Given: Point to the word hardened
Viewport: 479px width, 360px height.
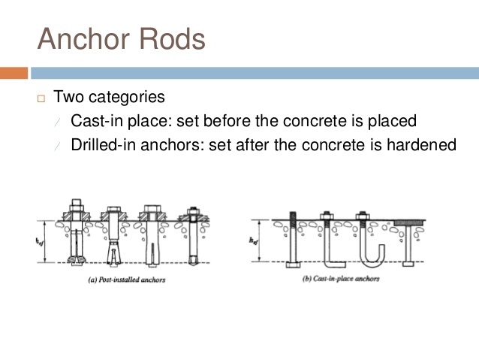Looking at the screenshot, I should pos(421,144).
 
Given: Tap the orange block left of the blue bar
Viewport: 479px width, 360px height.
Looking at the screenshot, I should pos(14,73).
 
